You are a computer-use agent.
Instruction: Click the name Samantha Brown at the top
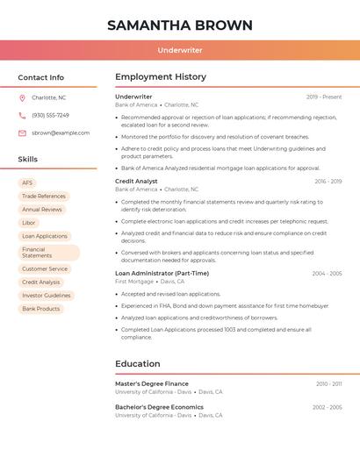[180, 25]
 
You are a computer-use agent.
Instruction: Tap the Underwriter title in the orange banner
[180, 51]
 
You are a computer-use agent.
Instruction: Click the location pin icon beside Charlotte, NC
[22, 97]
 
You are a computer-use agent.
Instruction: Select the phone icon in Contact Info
[22, 115]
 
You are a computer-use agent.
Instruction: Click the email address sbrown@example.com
[61, 132]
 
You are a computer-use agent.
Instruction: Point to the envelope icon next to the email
[22, 132]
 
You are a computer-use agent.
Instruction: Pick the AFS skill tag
[28, 182]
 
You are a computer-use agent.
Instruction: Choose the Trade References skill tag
[44, 197]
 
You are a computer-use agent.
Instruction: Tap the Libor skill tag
[29, 223]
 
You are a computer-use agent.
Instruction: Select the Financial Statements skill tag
[48, 253]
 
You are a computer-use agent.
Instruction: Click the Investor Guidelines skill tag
[46, 296]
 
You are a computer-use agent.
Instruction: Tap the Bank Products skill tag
[41, 309]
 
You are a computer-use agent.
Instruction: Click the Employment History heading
[161, 77]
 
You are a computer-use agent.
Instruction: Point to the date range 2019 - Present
[324, 97]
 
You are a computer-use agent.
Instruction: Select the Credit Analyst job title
[136, 181]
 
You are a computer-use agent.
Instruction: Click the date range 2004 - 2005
[327, 274]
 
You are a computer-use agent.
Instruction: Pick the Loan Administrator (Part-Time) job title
[162, 273]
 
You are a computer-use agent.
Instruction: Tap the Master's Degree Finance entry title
[152, 383]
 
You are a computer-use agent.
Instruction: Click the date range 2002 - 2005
[327, 407]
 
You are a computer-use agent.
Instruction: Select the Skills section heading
[28, 159]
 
